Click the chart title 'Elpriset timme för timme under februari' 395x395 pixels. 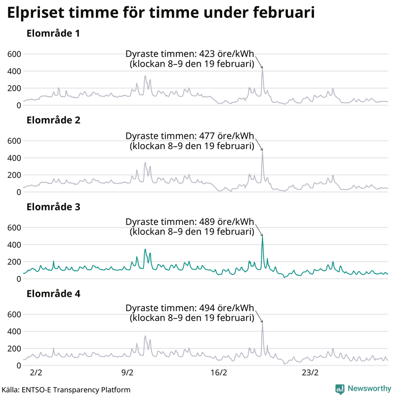click(160, 13)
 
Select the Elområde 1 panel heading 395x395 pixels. click(53, 34)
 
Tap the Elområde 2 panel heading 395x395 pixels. click(53, 120)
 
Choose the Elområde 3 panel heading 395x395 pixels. click(53, 207)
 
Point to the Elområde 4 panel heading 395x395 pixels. click(53, 294)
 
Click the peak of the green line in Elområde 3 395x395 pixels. click(262, 237)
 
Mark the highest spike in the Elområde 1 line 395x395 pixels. click(262, 70)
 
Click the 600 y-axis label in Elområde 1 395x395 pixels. click(14, 54)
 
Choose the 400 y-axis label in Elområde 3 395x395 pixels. click(14, 245)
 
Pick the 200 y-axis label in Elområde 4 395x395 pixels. click(14, 349)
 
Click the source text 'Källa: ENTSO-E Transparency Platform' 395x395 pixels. click(66, 390)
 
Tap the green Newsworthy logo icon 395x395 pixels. click(340, 389)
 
